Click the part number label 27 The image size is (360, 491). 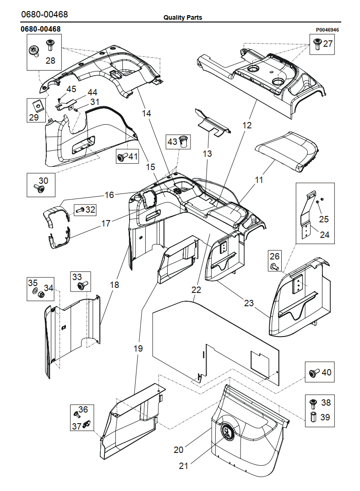click(327, 44)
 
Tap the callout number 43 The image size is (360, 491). click(172, 142)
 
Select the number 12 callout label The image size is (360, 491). click(247, 125)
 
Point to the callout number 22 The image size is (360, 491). click(196, 290)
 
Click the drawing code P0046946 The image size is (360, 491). click(327, 30)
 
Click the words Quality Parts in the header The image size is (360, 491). click(183, 17)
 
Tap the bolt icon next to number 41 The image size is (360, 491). click(122, 156)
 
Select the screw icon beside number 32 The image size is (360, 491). click(79, 210)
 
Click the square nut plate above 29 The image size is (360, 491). click(38, 105)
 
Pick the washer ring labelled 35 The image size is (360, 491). click(35, 292)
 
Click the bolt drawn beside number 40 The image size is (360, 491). click(314, 372)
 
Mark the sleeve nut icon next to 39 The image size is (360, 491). click(314, 417)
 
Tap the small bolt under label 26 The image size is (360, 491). click(274, 266)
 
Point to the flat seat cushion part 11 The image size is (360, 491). click(287, 151)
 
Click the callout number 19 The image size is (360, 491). click(138, 348)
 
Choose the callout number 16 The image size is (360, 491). click(109, 195)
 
